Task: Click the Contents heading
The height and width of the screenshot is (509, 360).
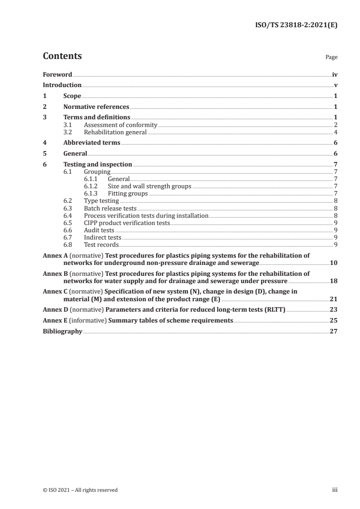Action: pos(62,56)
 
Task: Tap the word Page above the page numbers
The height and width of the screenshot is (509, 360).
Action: pos(331,58)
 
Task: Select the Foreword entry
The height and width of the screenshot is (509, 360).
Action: pos(57,74)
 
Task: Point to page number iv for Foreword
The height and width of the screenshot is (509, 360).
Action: pos(335,74)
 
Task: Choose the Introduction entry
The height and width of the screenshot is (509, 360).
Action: pos(62,85)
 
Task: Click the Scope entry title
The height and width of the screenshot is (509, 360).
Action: pos(72,96)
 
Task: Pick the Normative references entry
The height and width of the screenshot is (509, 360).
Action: pos(96,107)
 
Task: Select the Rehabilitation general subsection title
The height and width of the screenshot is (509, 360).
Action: pos(115,132)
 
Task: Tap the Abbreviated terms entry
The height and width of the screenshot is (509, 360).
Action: pos(92,142)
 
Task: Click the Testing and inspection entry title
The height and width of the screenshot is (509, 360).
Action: pos(98,164)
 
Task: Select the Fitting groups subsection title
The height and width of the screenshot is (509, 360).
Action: pos(128,193)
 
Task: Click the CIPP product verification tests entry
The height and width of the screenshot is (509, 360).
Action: pos(127,223)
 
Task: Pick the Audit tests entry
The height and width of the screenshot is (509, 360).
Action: pos(99,230)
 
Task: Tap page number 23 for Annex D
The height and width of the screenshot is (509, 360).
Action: pos(333,310)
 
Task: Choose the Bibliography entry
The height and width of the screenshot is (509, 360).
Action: pos(62,331)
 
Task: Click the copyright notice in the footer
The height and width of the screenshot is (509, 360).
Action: pos(80,490)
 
